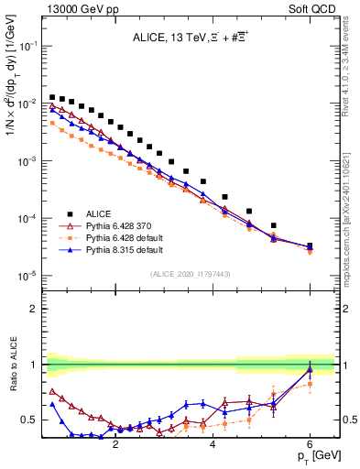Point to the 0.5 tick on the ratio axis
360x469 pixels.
(x=30, y=420)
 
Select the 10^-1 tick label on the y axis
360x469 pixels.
(x=27, y=45)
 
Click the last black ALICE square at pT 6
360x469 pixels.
(x=310, y=246)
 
